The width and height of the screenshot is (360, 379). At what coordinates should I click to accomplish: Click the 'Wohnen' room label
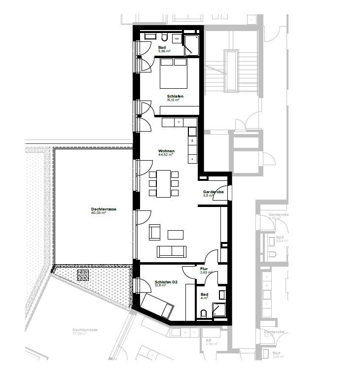(x=166, y=150)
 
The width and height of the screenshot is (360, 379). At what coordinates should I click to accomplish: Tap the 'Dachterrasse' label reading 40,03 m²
(x=104, y=209)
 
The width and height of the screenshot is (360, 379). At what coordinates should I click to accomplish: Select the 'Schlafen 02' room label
(x=166, y=280)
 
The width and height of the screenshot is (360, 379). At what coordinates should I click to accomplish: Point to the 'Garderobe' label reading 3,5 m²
(x=214, y=192)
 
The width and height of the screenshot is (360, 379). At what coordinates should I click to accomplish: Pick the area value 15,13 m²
(x=173, y=100)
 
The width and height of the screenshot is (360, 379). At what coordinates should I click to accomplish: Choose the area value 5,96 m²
(x=164, y=51)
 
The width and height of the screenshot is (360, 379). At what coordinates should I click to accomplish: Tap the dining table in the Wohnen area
(x=163, y=183)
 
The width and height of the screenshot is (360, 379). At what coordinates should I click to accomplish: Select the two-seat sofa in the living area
(x=172, y=251)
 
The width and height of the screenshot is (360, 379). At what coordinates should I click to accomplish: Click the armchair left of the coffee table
(x=155, y=232)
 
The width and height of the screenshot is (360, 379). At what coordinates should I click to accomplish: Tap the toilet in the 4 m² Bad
(x=205, y=313)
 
